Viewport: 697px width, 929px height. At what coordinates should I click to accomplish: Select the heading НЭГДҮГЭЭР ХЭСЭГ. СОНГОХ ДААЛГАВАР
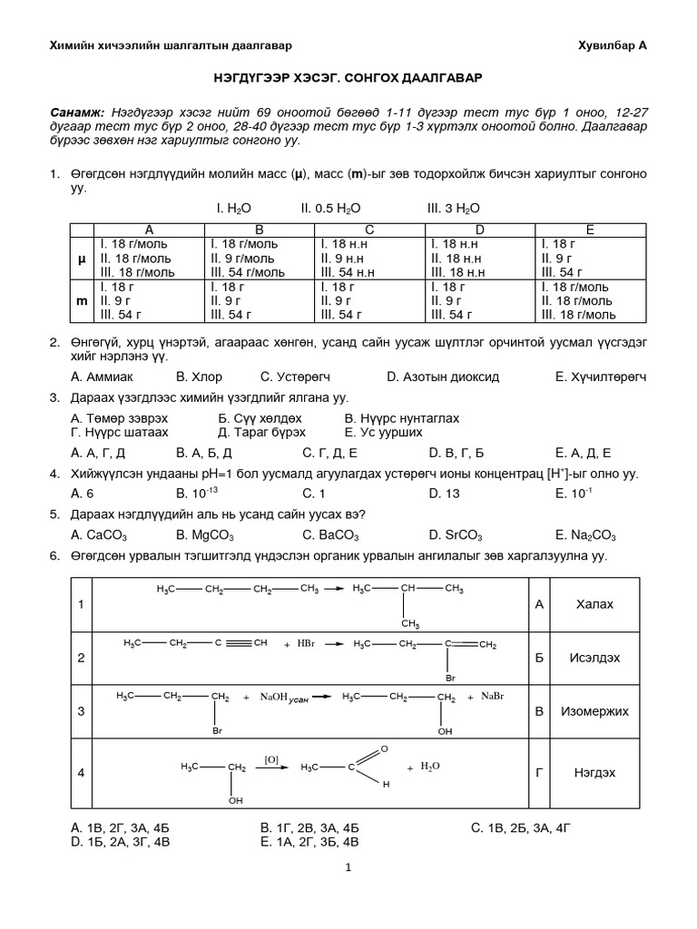tap(348, 80)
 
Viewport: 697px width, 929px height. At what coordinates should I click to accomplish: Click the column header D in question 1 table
tap(480, 230)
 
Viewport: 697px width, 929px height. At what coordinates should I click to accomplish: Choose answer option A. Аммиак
tap(102, 376)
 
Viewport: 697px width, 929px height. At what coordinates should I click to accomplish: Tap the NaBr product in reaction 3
tap(491, 696)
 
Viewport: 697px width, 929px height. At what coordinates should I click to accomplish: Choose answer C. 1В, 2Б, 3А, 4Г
tap(522, 827)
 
